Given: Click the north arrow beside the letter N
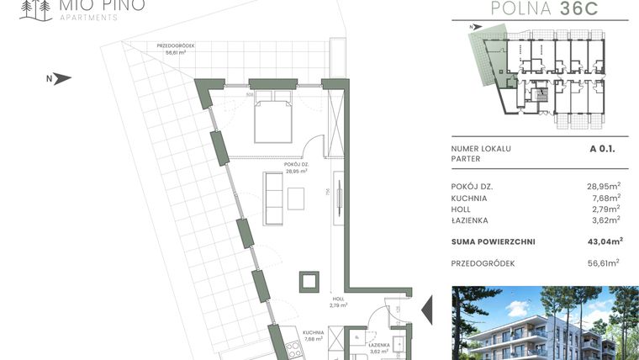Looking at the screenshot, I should point(62,79).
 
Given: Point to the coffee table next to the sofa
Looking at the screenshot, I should point(297,198).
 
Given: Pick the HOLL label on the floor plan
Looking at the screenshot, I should point(338,299).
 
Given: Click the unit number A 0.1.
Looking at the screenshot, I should point(603,148).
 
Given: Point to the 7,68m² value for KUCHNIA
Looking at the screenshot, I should point(605,198).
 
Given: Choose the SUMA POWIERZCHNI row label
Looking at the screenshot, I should point(494,241).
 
